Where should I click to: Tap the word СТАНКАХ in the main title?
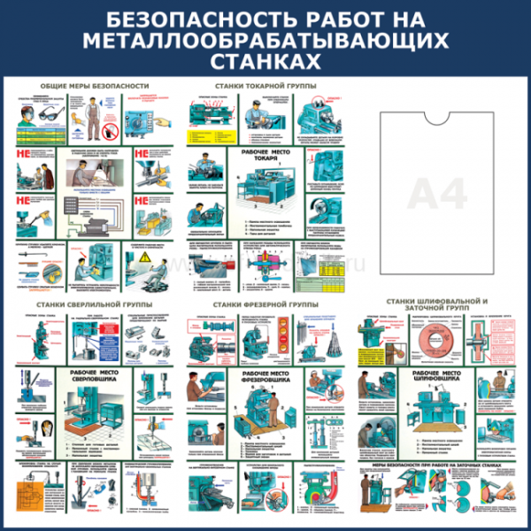tap(265, 59)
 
